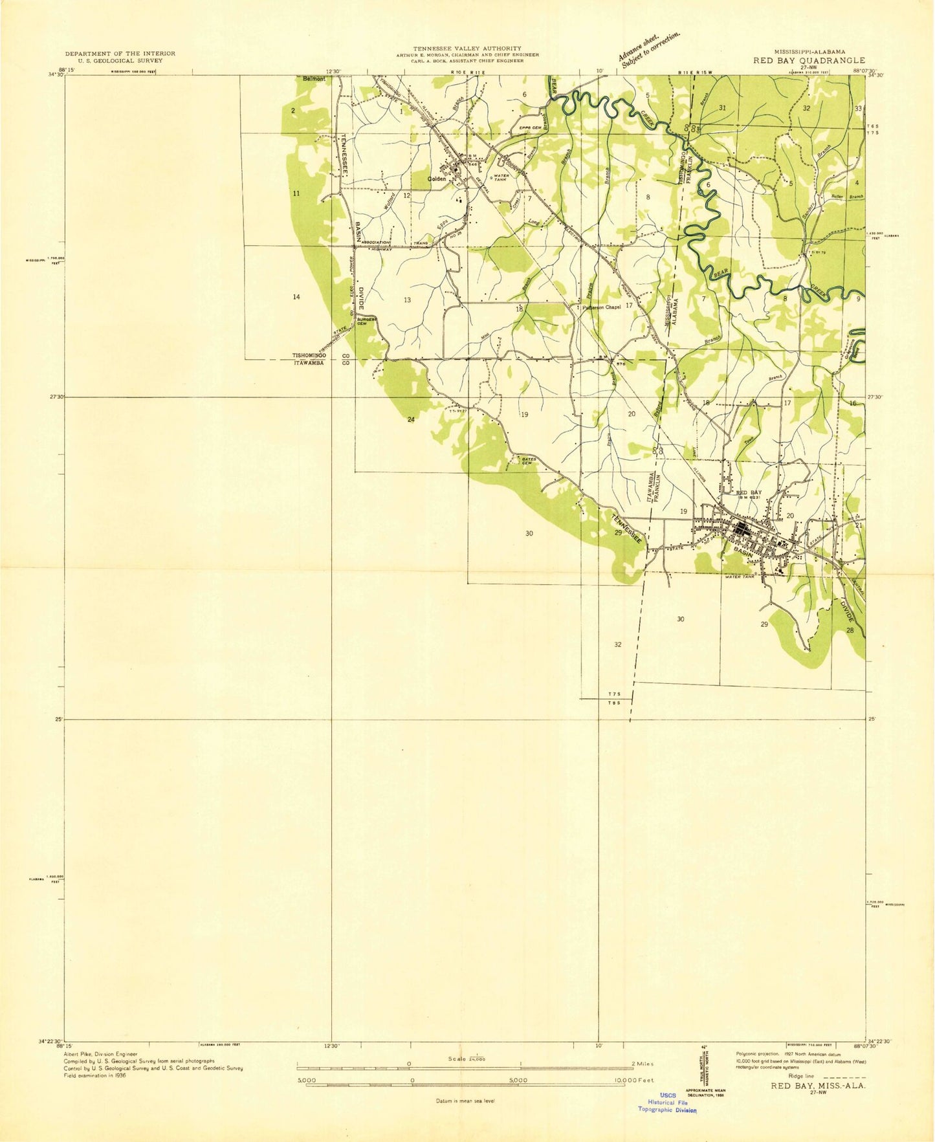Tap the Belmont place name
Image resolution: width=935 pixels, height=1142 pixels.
click(x=314, y=78)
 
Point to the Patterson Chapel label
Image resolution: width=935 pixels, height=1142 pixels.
click(x=601, y=307)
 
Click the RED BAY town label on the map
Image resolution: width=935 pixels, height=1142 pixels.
click(x=749, y=492)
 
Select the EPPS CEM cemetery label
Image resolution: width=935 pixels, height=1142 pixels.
click(x=530, y=127)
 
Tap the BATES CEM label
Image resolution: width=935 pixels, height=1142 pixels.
click(x=527, y=461)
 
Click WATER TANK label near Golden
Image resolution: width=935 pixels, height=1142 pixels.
click(x=502, y=177)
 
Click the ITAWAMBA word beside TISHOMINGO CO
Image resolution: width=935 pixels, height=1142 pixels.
click(x=309, y=363)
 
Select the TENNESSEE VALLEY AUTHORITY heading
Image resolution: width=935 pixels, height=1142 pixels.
click(x=467, y=49)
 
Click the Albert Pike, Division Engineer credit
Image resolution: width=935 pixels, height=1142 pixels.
click(x=100, y=1054)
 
